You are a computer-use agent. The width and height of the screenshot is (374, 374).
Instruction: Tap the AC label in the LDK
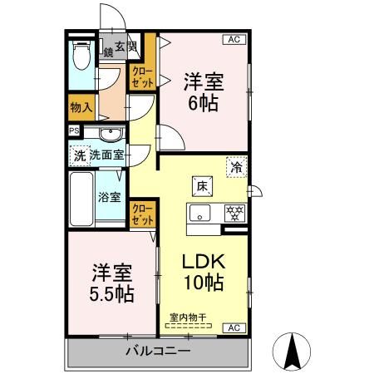234,327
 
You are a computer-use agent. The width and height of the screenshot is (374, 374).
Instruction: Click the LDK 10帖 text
203,272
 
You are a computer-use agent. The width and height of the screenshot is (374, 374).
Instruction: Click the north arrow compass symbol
293,350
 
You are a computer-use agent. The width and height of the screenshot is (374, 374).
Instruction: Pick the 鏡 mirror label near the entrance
109,52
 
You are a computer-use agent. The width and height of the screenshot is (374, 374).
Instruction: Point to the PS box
73,131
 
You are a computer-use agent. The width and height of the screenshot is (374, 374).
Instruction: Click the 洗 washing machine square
79,155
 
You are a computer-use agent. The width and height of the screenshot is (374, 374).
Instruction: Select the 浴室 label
110,197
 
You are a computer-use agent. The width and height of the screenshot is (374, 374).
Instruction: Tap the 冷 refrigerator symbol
236,166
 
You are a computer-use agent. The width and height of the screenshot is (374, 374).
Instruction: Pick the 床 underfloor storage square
202,185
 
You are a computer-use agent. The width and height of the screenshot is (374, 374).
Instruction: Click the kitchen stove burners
234,213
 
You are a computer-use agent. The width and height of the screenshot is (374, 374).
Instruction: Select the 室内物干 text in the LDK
189,317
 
